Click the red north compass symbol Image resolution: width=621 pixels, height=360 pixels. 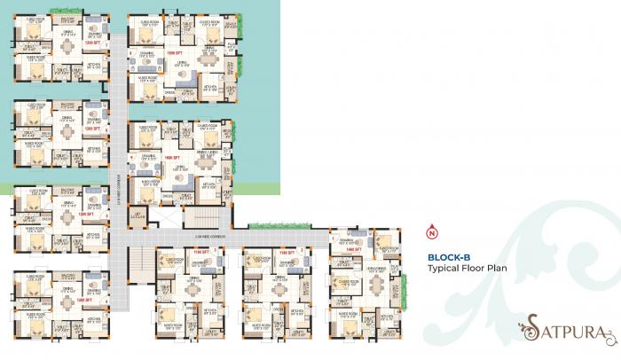click(x=432, y=234)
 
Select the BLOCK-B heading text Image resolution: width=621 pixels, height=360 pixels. click(x=450, y=257)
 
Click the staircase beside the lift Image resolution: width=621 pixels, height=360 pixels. click(x=201, y=215)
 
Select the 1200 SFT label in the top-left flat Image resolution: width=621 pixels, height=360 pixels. click(x=88, y=42)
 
